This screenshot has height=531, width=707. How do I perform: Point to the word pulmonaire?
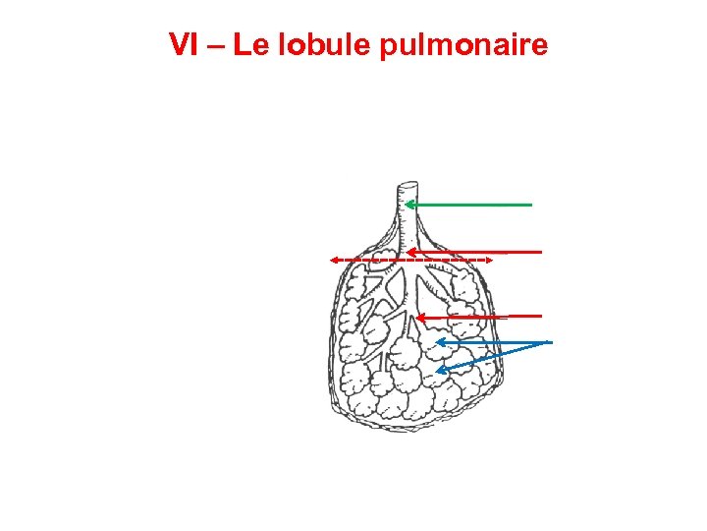(x=464, y=46)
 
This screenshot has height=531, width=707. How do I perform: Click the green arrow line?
(x=471, y=205)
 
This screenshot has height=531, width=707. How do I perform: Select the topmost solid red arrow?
(x=476, y=252)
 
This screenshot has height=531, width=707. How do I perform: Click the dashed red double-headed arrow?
(x=410, y=260)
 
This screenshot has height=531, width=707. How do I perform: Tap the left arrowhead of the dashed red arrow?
(x=333, y=260)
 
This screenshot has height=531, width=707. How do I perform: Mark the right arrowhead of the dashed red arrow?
(x=488, y=260)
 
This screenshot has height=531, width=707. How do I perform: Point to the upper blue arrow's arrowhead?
(x=439, y=342)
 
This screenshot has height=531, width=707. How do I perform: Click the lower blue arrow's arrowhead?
(x=441, y=371)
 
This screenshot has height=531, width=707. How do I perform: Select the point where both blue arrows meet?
(x=549, y=342)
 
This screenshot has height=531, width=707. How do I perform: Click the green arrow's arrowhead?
(x=409, y=205)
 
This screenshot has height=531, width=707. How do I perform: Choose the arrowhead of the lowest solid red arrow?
(x=419, y=318)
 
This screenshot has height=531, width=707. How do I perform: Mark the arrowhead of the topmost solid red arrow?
(x=411, y=252)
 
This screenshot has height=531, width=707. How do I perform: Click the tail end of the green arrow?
(x=531, y=205)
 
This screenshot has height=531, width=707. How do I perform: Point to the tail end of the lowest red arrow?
(x=541, y=316)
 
